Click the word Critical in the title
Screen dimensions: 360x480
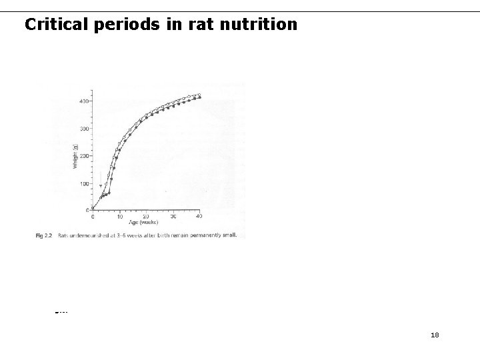(54, 25)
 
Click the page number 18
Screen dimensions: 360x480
(435, 335)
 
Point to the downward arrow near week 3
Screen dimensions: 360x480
(101, 186)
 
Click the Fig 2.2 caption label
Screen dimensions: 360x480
(44, 235)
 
